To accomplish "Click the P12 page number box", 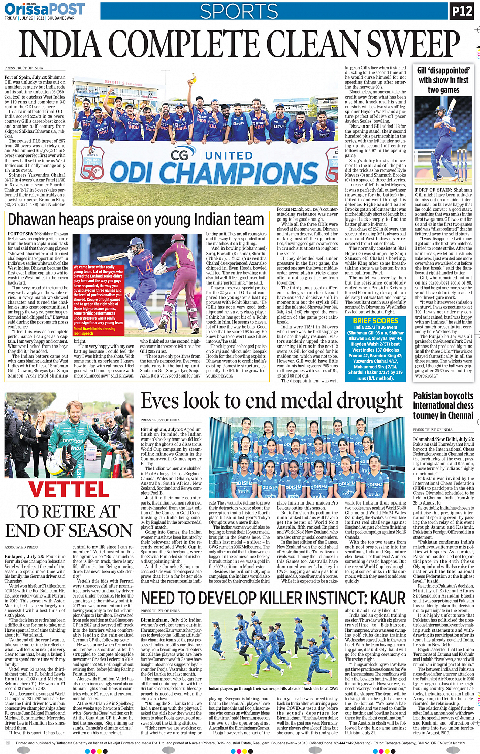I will point(462,11).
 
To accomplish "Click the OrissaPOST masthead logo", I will point(44,9).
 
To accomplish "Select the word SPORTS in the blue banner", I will point(239,11).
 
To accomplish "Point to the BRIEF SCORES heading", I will point(375,321).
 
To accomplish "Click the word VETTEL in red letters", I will point(69,489).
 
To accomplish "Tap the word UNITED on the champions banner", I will point(229,155).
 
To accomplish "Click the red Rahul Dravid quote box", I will point(98,300).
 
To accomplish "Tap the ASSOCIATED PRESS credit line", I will point(21,547).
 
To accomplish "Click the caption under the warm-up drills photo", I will point(273,689).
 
